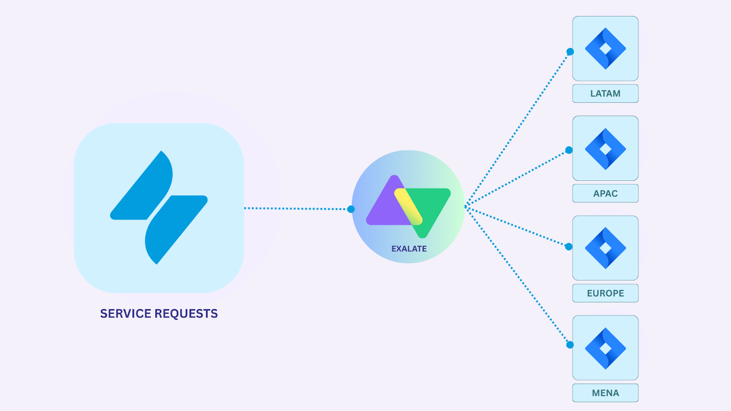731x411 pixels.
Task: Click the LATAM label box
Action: coord(605,94)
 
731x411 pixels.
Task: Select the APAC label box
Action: coord(605,194)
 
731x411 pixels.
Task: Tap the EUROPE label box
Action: coord(605,293)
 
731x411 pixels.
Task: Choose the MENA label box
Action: coord(605,393)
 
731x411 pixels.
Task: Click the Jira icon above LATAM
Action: coord(605,48)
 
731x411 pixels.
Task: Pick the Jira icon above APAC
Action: coord(605,148)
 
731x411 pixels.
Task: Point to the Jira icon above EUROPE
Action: coord(605,248)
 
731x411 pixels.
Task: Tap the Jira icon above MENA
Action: coord(605,348)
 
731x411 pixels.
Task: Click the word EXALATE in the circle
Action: coord(409,249)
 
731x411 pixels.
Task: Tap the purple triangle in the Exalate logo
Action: coord(384,208)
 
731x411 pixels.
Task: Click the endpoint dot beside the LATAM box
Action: coord(570,52)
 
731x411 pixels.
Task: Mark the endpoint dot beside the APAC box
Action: coord(569,150)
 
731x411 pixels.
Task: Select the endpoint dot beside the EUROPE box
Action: coord(569,247)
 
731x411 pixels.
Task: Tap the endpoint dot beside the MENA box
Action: coord(570,345)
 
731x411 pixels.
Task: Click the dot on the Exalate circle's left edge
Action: coord(351,209)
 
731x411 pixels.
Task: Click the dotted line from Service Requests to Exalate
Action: coord(297,209)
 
